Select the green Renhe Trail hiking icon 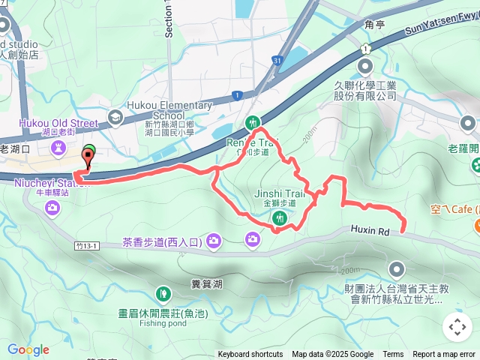click(253, 123)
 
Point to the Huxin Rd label click(372, 232)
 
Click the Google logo click(28, 349)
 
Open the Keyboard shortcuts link click(250, 355)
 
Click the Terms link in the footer click(393, 355)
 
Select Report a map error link click(445, 355)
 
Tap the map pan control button click(457, 327)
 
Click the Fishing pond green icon click(163, 293)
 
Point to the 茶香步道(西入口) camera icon click(214, 241)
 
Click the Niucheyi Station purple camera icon click(52, 207)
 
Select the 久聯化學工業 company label click(364, 91)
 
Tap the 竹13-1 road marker click(88, 245)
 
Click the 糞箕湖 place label click(207, 284)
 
